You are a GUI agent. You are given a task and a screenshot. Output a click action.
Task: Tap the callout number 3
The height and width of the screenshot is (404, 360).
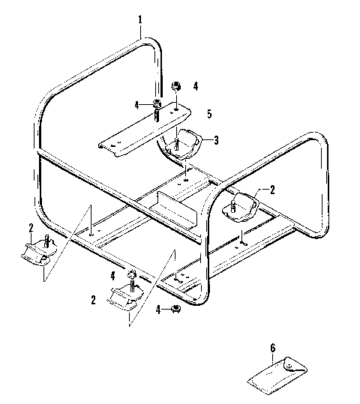pos(215,139)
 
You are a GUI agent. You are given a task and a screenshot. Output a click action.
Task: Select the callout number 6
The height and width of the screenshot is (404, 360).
pos(272,349)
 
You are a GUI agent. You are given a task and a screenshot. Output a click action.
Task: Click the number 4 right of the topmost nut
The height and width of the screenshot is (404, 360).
pos(194,87)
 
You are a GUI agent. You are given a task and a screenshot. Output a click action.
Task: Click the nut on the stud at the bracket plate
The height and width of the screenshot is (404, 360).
pos(157,103)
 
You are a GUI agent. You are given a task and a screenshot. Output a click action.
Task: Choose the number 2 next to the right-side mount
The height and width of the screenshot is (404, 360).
pos(273,189)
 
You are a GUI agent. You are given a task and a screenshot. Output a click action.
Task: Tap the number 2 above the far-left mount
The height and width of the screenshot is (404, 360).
pos(31,228)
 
